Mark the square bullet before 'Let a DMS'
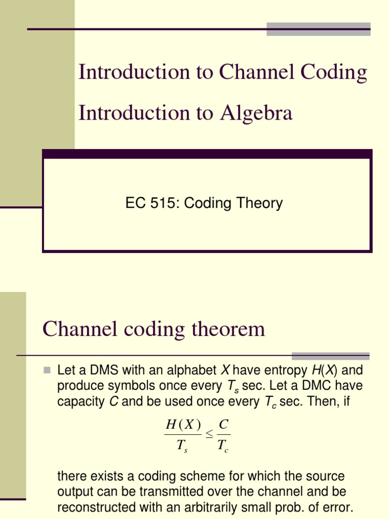[47, 370]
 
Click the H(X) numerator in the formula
[183, 425]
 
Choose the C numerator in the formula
[223, 425]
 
